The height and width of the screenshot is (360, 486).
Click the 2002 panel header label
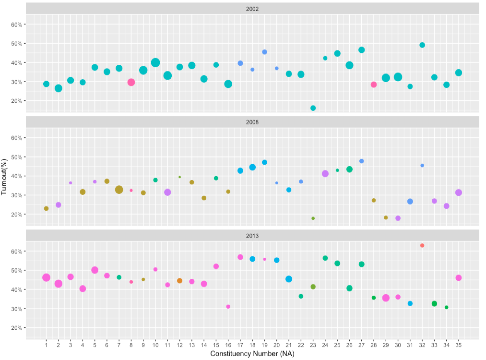252,9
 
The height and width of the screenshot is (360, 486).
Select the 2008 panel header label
252,122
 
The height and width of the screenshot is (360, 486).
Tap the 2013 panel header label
252,236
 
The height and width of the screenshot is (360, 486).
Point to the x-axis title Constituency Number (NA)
252,354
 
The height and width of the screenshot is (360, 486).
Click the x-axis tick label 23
313,345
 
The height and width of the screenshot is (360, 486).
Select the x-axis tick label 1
46,345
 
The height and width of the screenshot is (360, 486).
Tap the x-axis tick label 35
458,345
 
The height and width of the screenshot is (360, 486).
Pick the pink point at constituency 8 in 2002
131,82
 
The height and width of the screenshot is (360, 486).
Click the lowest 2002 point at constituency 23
313,108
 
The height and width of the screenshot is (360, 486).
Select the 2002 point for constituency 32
422,45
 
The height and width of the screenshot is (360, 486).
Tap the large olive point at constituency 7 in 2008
119,190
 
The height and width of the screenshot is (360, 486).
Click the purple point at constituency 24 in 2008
325,174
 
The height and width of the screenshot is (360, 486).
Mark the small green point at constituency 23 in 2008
313,218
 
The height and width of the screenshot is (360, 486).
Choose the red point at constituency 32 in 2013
422,245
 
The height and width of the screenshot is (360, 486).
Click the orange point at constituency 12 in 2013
179,281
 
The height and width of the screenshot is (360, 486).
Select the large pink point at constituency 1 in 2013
46,277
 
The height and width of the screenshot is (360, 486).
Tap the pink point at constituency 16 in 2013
228,307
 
